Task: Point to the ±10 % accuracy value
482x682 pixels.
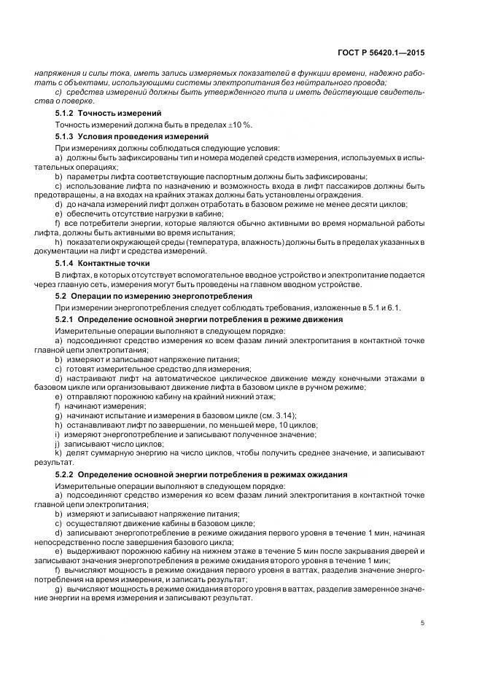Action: click(x=240, y=125)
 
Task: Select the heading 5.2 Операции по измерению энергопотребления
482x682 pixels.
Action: click(x=154, y=296)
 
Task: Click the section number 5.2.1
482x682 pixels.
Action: click(x=65, y=319)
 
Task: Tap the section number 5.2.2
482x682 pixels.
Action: click(x=65, y=474)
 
